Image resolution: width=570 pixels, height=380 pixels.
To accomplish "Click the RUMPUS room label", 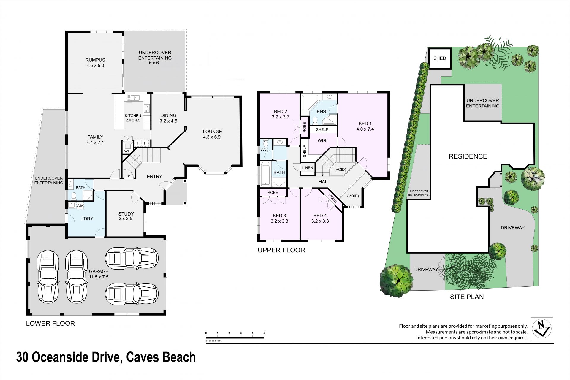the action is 95,60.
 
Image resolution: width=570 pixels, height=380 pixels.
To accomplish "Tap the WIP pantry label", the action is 128,151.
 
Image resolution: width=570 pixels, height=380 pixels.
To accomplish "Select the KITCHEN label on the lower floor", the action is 133,116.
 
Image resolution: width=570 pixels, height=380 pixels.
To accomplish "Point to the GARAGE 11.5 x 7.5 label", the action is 99,274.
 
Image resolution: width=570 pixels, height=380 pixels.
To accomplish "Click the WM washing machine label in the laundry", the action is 80,205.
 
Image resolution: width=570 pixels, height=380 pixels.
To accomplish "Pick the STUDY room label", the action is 126,214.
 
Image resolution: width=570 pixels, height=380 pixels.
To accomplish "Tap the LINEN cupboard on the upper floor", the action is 308,168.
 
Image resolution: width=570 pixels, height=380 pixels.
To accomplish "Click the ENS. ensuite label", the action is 322,112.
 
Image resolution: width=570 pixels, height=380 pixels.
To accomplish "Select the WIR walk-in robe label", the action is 322,141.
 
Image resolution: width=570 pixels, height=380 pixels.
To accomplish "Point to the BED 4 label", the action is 320,216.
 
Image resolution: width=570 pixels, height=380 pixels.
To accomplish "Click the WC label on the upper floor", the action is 264,149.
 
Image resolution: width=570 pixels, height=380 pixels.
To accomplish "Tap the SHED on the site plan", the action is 439,58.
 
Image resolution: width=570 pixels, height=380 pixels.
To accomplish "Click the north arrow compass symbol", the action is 542,329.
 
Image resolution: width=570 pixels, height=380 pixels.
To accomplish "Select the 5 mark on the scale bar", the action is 264,333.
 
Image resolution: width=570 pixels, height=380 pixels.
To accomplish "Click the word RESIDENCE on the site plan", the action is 468,156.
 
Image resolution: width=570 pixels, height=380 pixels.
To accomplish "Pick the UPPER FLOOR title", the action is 281,250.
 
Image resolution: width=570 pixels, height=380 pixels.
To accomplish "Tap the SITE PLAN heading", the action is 467,297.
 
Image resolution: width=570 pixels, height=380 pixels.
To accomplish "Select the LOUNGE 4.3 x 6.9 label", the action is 212,134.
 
